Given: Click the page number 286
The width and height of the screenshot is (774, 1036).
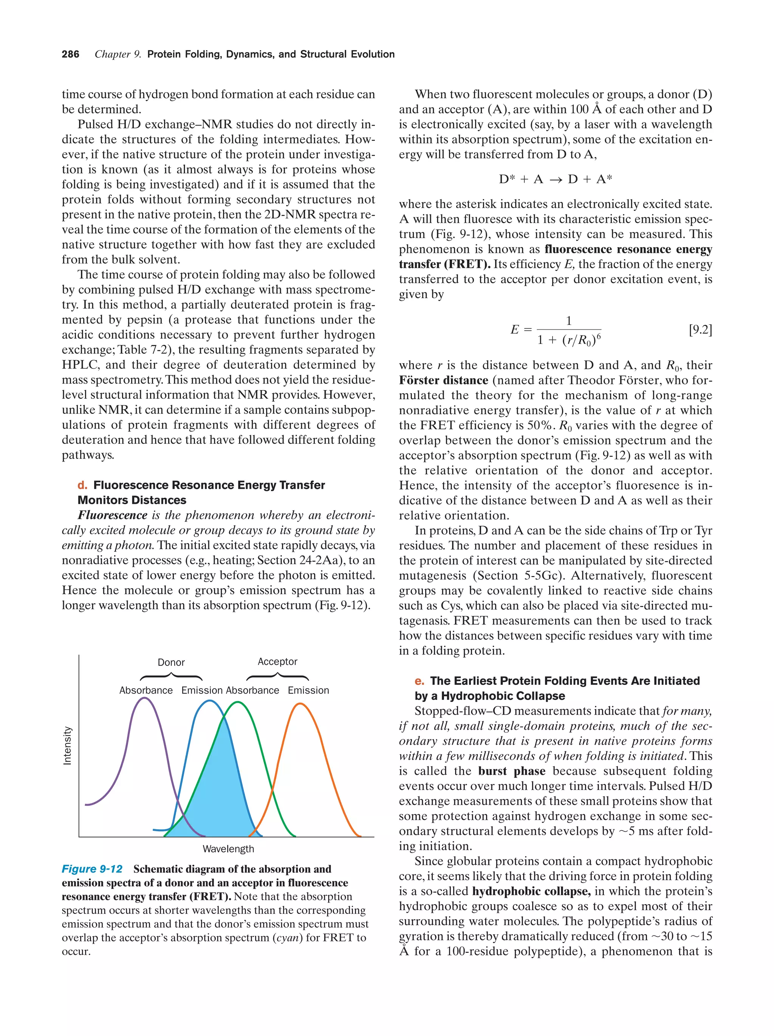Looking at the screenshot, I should [x=70, y=54].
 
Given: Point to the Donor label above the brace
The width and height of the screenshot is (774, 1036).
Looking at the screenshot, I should [x=171, y=662].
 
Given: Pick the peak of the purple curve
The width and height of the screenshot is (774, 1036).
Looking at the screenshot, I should [x=145, y=698].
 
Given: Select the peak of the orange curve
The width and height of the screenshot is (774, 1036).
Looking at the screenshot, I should [x=300, y=704].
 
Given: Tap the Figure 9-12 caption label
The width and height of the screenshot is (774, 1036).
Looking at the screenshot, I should [x=92, y=869].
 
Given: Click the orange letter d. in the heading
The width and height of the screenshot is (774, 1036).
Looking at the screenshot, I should [x=82, y=485].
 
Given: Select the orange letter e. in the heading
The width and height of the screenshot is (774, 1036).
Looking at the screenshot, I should [x=419, y=681].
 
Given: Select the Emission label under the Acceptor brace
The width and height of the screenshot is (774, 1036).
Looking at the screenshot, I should [x=308, y=691].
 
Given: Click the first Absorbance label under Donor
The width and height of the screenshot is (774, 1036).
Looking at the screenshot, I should [x=146, y=691].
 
